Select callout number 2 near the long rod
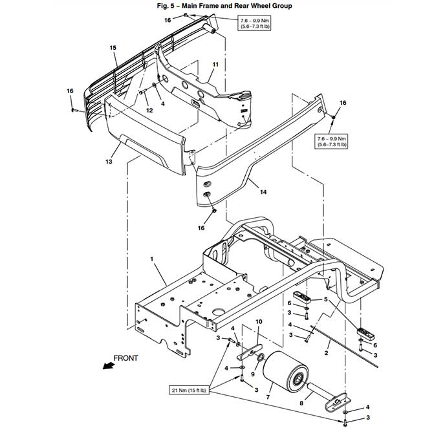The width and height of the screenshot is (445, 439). click(x=327, y=352)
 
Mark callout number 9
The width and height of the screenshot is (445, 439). click(x=254, y=373)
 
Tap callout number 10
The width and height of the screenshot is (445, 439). click(x=258, y=322)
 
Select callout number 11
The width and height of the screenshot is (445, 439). click(x=215, y=65)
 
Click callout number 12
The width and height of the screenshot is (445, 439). click(x=148, y=111)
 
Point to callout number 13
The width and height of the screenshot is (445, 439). click(x=109, y=162)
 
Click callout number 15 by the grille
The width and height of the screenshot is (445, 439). click(x=113, y=48)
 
